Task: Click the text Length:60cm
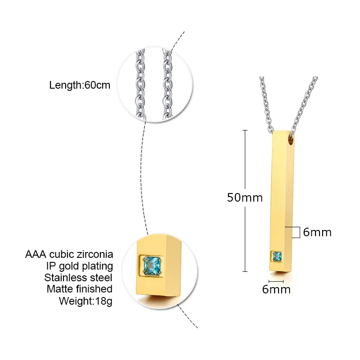(80, 85)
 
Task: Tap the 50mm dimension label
(244, 197)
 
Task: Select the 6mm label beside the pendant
(317, 232)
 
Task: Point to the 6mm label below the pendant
(276, 289)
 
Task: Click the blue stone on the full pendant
(276, 257)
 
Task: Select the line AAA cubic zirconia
(69, 255)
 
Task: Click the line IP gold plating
(82, 266)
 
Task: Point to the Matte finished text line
(79, 289)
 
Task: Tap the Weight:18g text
(85, 301)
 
